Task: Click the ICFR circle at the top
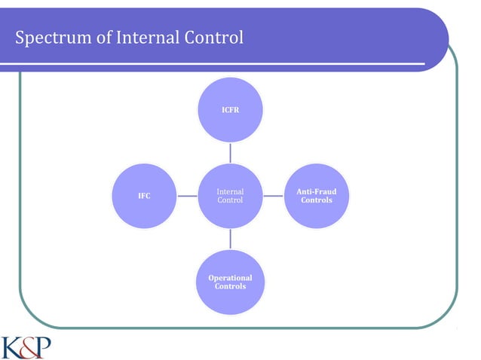click(230, 110)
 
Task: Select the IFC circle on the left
click(143, 196)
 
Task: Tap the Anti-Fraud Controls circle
click(316, 196)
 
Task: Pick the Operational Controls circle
click(230, 282)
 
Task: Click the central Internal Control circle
click(230, 196)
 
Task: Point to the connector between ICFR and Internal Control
click(230, 153)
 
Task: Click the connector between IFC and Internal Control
click(187, 196)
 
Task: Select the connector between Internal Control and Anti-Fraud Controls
click(273, 196)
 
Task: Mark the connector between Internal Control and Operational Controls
click(230, 239)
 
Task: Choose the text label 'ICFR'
click(230, 110)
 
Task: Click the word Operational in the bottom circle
click(230, 278)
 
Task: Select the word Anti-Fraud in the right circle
click(316, 191)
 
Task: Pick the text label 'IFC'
click(143, 196)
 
